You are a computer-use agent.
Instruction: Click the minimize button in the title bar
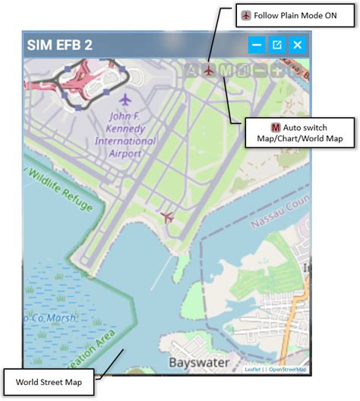257,45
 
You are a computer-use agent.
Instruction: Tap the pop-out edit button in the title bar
277,45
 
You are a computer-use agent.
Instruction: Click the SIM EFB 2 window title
60,45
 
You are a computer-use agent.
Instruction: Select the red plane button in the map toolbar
209,71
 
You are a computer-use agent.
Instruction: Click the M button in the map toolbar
226,71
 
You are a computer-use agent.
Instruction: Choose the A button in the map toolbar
191,71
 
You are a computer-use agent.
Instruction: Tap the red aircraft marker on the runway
168,218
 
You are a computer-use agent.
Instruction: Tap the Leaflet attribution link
252,370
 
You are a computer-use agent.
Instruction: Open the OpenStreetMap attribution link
288,370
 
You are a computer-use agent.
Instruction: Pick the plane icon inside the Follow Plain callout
246,15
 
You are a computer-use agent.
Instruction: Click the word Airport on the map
125,153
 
